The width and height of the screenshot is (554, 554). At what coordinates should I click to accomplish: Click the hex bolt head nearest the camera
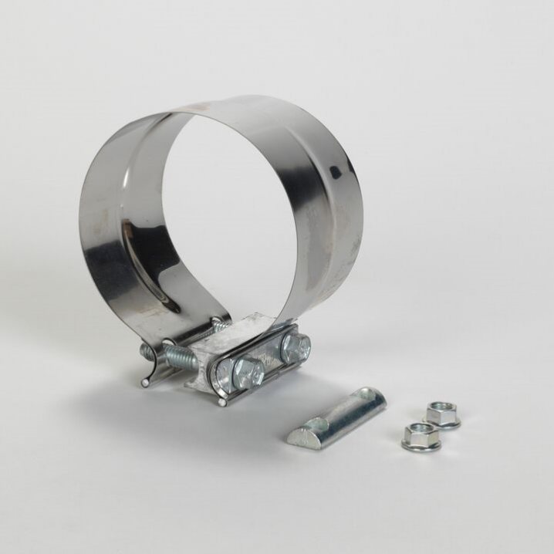248,373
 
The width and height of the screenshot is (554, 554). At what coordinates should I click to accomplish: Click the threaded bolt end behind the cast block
218,327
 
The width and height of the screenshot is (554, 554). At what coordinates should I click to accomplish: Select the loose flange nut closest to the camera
421,437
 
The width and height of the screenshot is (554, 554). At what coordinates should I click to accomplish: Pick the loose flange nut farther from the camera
442,414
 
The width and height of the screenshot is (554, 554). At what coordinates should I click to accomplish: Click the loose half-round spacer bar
336,417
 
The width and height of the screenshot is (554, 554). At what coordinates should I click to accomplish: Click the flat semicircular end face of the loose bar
301,439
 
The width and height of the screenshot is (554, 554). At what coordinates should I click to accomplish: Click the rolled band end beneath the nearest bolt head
224,400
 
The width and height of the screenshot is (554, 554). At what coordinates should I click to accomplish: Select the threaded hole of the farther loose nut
442,407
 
